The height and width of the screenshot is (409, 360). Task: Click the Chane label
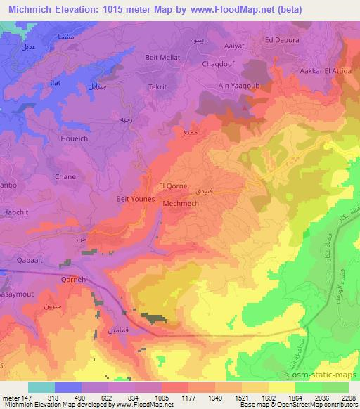click(65, 177)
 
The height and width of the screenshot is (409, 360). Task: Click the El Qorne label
click(172, 186)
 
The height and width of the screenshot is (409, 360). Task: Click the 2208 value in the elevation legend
click(349, 397)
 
